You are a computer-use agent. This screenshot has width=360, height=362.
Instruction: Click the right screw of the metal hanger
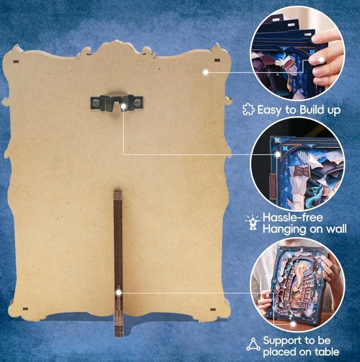click(137, 101)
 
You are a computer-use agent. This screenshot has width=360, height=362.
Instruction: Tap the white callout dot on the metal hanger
click(124, 106)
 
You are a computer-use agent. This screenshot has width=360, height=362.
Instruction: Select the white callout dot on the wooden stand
click(119, 293)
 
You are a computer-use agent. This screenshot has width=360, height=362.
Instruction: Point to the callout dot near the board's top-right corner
click(206, 72)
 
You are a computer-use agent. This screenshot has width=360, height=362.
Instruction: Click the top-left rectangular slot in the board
click(16, 62)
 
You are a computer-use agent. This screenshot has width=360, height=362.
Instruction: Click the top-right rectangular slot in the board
click(217, 60)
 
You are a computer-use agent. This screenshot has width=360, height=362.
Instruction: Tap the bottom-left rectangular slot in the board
click(25, 309)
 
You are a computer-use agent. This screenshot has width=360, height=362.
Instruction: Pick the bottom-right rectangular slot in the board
click(213, 309)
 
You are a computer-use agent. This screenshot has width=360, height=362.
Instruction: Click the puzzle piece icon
click(249, 109)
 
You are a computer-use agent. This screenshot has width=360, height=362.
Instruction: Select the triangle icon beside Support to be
click(253, 344)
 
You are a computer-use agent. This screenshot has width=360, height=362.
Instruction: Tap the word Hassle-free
click(293, 218)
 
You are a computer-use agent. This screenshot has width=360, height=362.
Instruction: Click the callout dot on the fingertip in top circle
click(321, 60)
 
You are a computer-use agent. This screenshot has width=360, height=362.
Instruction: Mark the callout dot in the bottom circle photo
click(293, 324)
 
